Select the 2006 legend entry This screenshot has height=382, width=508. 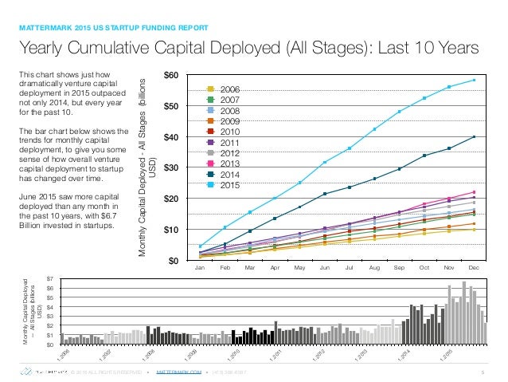pos(230,89)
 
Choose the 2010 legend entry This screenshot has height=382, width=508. pos(230,131)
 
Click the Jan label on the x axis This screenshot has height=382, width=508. pos(201,268)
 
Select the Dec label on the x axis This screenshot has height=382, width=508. pos(474,268)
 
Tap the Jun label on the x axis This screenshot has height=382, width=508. pos(325,268)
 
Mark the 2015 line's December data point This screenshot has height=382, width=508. pos(474,80)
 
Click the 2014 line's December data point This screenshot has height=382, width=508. pos(474,137)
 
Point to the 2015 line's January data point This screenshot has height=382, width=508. pos(201,246)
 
